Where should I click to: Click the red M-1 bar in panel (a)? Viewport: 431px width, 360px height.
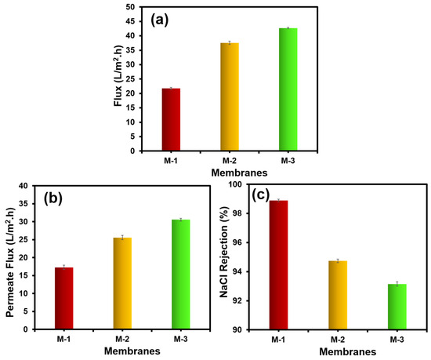(x=171, y=120)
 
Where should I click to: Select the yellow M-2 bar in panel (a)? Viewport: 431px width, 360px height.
(x=230, y=96)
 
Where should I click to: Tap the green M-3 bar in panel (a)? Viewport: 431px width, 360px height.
(x=288, y=89)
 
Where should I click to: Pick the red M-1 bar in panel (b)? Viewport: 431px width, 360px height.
(x=64, y=298)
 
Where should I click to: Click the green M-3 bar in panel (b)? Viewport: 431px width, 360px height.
(x=181, y=275)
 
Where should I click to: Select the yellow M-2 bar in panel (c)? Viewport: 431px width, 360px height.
(x=338, y=295)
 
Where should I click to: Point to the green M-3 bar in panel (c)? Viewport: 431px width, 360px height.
(x=397, y=307)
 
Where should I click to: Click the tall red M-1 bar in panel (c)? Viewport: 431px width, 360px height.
(x=279, y=265)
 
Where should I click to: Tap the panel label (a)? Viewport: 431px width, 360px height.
(x=159, y=20)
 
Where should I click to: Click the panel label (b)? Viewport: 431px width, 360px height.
(x=53, y=198)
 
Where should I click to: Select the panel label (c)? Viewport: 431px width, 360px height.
(x=260, y=195)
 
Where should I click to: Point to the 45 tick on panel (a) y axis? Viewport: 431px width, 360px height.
(x=131, y=21)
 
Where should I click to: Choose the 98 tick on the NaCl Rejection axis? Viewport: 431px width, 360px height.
(x=236, y=213)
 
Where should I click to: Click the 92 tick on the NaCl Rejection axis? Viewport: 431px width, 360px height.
(x=236, y=300)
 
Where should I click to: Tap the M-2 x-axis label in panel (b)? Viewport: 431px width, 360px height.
(x=122, y=339)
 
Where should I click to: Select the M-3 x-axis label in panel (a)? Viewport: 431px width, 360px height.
(x=288, y=161)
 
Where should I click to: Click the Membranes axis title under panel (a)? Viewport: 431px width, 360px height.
(x=239, y=173)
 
